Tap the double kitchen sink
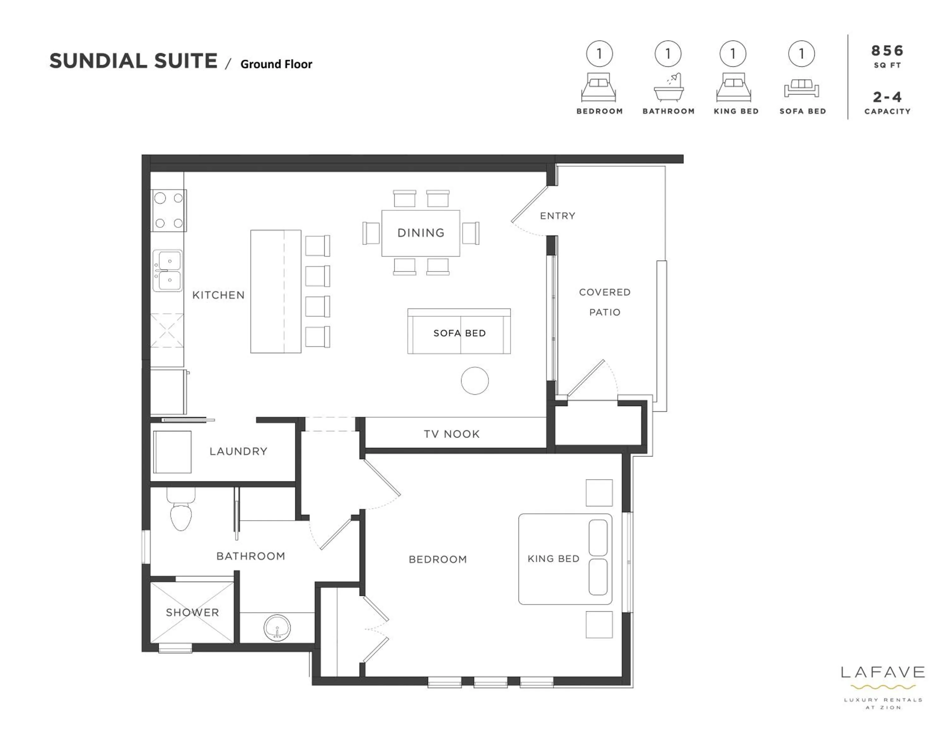168,270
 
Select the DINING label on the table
421,233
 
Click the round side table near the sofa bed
475,381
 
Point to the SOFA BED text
459,333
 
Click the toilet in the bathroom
181,514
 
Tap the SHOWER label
192,612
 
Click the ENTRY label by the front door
558,216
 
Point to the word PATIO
605,312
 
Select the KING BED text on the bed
553,558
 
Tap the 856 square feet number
887,51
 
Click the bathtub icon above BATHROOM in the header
669,88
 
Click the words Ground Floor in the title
276,64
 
